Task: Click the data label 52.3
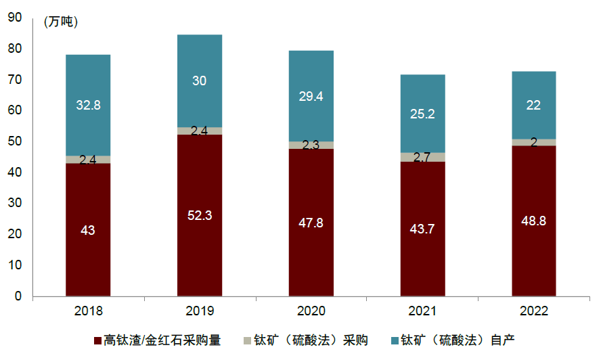pyautogui.click(x=200, y=215)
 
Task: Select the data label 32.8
pyautogui.click(x=88, y=105)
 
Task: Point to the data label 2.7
pyautogui.click(x=422, y=158)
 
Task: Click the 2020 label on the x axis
pyautogui.click(x=311, y=311)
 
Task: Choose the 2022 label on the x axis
pyautogui.click(x=534, y=311)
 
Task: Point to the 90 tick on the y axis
pyautogui.click(x=16, y=18)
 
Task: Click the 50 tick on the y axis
pyautogui.click(x=16, y=141)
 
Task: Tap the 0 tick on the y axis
pyautogui.click(x=19, y=296)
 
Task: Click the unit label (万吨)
pyautogui.click(x=61, y=22)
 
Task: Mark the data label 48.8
pyautogui.click(x=534, y=222)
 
